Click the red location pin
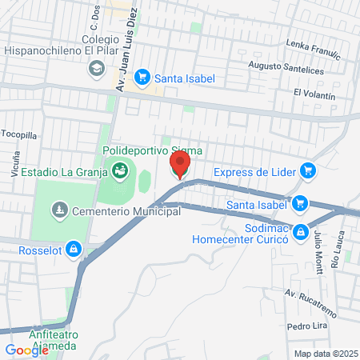(180, 166)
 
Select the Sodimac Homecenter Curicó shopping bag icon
(301, 232)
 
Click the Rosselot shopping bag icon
(74, 250)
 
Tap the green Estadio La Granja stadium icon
(120, 170)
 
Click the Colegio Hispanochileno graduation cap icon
(97, 69)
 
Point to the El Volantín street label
(314, 94)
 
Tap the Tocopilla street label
(19, 134)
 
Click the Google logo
(26, 350)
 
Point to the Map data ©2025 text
(326, 354)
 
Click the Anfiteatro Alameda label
(52, 340)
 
